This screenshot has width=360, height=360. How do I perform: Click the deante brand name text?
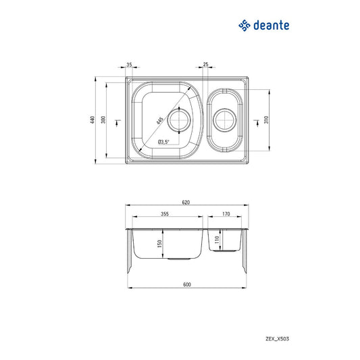[x=272, y=26]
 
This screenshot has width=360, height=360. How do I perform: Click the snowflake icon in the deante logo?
[x=243, y=26]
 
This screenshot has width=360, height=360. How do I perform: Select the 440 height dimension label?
[x=91, y=120]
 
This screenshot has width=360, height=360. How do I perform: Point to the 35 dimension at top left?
[x=129, y=65]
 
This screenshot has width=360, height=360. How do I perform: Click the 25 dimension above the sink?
[x=205, y=65]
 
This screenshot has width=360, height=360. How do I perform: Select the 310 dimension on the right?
[x=268, y=119]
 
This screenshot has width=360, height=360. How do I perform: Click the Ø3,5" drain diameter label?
[x=163, y=142]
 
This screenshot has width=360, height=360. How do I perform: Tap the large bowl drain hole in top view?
[x=179, y=122]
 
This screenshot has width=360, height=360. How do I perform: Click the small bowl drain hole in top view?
[x=224, y=122]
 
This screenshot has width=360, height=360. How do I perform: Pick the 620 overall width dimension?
[x=186, y=202]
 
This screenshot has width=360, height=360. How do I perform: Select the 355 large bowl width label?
[x=165, y=214]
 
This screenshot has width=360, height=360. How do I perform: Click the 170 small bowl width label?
[x=226, y=214]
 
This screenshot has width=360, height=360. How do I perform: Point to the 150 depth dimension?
[x=159, y=244]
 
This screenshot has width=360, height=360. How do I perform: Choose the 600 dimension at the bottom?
[x=186, y=284]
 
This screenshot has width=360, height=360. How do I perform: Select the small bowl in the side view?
[x=226, y=242]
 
